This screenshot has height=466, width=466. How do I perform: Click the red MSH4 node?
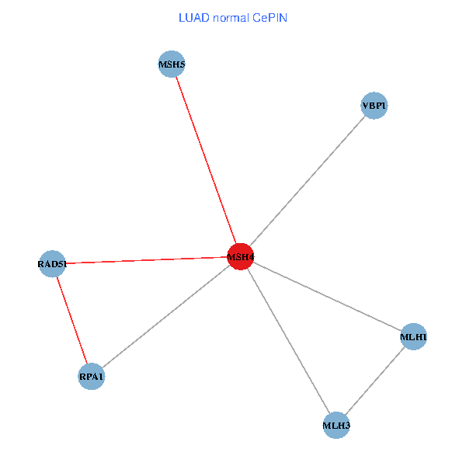[x=240, y=256]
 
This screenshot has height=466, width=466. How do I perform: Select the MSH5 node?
[x=172, y=64]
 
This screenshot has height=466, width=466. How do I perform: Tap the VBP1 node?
[x=374, y=106]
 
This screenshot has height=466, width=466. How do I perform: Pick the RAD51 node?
[x=52, y=264]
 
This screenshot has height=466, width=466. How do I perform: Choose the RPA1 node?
[x=91, y=377]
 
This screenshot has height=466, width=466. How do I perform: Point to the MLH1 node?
[x=414, y=337]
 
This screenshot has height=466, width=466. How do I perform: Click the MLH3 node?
[x=336, y=425]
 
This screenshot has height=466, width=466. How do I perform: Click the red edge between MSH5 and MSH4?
[x=206, y=160]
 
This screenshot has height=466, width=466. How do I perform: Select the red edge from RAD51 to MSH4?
[x=146, y=260]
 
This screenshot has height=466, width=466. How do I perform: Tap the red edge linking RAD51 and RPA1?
[x=71, y=320]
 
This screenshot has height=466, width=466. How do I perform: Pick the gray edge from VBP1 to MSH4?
[x=307, y=181]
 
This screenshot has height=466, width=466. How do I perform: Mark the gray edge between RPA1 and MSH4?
[x=165, y=316]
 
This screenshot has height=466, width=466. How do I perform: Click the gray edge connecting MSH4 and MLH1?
[x=327, y=297]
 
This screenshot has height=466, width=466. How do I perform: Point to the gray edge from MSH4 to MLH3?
[x=288, y=340]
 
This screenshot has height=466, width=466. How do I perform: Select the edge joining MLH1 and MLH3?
[x=375, y=381]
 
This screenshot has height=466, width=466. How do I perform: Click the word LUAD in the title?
[x=194, y=18]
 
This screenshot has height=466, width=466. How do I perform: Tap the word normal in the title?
[x=235, y=18]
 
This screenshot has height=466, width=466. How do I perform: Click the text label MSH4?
[x=240, y=257]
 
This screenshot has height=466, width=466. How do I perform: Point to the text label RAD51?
[x=52, y=265]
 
